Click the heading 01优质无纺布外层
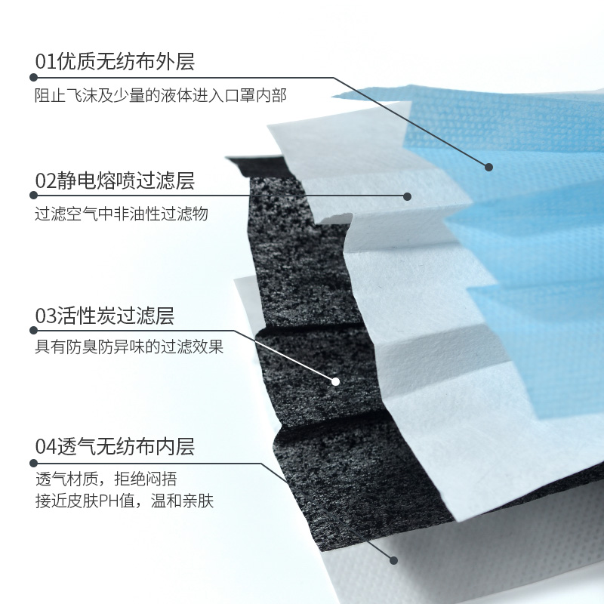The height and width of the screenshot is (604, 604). (x=115, y=61)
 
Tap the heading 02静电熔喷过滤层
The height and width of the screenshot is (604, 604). (x=115, y=180)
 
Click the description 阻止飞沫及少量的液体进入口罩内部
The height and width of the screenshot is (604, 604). (x=161, y=95)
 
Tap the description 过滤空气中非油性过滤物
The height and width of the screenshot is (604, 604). (x=122, y=214)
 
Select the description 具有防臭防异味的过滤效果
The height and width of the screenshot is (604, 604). (x=130, y=348)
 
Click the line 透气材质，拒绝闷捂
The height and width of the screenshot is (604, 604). (x=106, y=479)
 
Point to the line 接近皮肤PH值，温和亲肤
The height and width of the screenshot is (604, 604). (x=125, y=500)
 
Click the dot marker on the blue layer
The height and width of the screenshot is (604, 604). (x=488, y=167)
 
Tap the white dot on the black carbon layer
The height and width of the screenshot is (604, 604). (x=336, y=382)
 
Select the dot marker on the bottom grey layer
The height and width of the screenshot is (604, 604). (x=393, y=560)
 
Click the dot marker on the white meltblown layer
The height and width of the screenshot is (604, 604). (x=407, y=196)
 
